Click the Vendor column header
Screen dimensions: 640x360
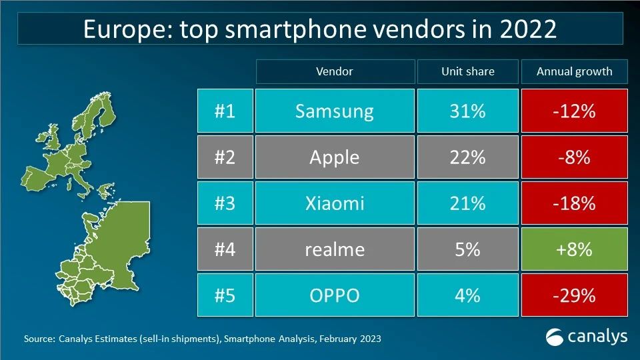coord(335,71)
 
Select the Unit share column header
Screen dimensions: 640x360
coord(468,71)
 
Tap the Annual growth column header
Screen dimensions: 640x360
coord(574,71)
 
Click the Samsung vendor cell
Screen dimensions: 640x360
coord(335,111)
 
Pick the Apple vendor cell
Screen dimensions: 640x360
coord(335,157)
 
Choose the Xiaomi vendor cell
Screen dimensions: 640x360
coord(335,203)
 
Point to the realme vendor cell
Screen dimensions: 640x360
coord(335,249)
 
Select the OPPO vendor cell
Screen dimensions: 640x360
coord(335,295)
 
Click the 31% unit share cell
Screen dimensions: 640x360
coord(468,111)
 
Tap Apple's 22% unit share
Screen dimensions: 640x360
coord(468,157)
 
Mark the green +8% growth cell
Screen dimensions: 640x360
coord(574,249)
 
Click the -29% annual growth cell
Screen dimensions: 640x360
coord(574,295)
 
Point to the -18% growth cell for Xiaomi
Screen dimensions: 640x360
coord(574,203)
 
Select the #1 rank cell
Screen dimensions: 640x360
coord(225,111)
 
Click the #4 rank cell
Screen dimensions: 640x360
coord(225,249)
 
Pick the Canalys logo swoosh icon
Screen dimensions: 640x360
coord(554,337)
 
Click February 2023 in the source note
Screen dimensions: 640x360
coord(350,339)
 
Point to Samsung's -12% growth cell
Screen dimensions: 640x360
coord(574,111)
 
